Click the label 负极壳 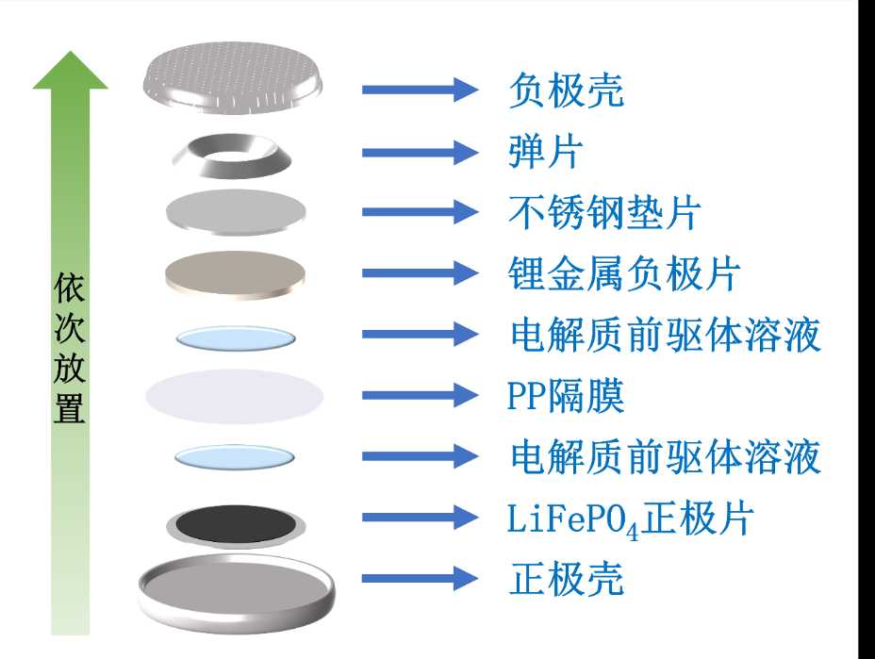[566, 91]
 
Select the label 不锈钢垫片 [604, 212]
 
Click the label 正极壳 [566, 578]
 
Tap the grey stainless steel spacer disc [236, 212]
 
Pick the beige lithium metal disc [236, 272]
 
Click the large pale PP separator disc [235, 396]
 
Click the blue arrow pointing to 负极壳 [421, 90]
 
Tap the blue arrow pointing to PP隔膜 [421, 396]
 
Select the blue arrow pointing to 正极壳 [421, 578]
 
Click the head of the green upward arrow [71, 72]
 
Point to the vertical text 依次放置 [70, 349]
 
